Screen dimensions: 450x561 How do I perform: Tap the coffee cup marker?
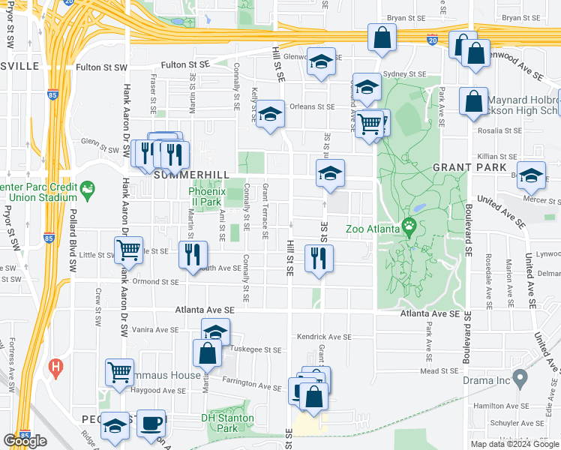coord(151,423)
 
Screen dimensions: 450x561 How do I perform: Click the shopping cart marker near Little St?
coord(129,250)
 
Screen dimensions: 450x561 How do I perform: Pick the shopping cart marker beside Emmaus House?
coord(119,372)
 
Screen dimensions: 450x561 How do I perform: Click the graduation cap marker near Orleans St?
coord(270,114)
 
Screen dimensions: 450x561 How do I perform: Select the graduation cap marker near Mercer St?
coord(531,175)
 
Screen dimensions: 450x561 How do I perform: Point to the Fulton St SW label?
coord(102,67)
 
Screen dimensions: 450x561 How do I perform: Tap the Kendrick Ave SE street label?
coord(324,337)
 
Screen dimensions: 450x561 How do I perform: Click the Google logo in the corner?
coord(25,441)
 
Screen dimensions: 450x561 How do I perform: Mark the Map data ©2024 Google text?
coord(514,444)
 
